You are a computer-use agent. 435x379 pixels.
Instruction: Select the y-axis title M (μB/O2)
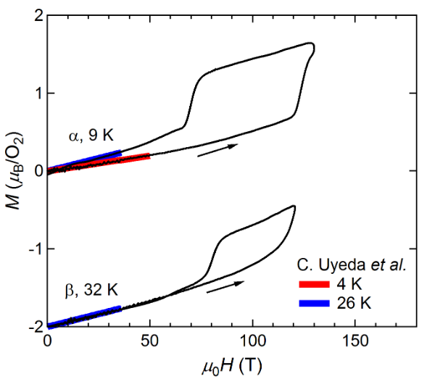12,171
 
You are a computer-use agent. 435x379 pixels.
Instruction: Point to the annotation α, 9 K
90,136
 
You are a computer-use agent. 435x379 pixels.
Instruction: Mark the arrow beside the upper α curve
217,147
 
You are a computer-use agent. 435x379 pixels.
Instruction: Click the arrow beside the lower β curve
224,288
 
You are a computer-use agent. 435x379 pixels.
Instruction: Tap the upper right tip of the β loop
293,207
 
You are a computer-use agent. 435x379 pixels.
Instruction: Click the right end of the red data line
149,155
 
